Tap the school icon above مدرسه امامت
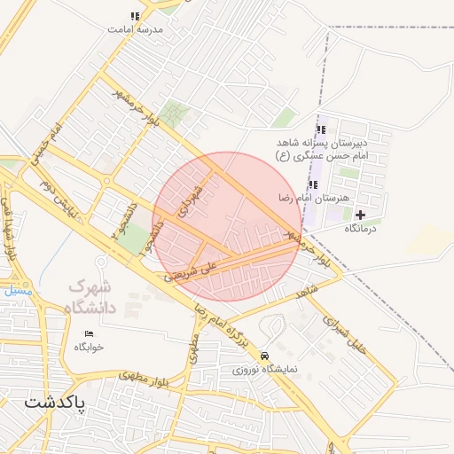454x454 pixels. point(135,16)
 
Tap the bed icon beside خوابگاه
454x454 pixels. point(89,333)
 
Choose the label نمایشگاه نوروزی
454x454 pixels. point(265,368)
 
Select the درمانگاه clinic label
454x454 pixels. point(361,229)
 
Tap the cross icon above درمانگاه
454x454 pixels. point(360,215)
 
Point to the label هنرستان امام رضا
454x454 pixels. point(315,198)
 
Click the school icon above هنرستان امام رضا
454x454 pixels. point(312,184)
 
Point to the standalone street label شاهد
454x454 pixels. point(308,291)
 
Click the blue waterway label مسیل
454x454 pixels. point(16,290)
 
